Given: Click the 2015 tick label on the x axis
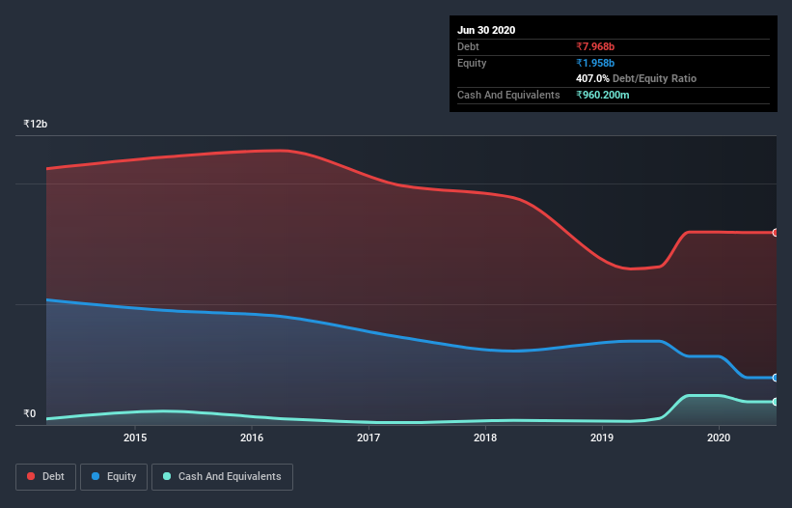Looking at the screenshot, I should (x=135, y=437).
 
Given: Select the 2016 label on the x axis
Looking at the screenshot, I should (x=252, y=437).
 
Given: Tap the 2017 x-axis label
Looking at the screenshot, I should (x=369, y=437).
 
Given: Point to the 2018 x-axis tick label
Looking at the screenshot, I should (x=485, y=437).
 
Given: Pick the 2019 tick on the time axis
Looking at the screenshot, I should (x=602, y=437).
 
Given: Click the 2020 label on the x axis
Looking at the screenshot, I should (x=719, y=437).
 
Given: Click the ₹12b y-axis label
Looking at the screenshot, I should (x=36, y=125).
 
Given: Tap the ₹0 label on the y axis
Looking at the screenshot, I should (x=30, y=414).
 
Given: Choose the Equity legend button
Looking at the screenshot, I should (x=114, y=476).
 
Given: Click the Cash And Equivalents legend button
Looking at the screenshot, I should (x=222, y=476).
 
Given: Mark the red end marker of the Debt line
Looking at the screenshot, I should (x=776, y=233).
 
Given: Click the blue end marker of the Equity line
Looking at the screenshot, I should (x=776, y=378).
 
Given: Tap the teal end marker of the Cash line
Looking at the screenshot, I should (x=776, y=402).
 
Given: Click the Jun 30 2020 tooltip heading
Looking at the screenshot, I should (x=486, y=30).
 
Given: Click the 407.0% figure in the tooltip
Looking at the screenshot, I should (x=592, y=78).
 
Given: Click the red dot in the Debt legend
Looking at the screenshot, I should (x=32, y=476).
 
